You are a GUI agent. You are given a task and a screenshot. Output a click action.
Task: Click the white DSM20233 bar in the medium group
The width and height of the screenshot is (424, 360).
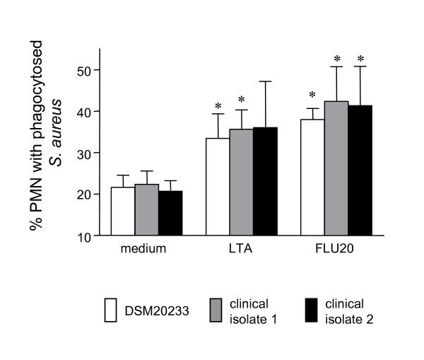point(123,211)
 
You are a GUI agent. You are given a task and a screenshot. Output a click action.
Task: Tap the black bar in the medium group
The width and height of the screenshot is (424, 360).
point(170,213)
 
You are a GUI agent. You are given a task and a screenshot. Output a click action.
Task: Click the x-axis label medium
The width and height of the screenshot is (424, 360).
point(146,249)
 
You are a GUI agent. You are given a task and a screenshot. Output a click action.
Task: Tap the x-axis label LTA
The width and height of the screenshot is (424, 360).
point(241,249)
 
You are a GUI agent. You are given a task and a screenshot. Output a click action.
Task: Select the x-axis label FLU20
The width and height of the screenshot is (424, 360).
point(336,249)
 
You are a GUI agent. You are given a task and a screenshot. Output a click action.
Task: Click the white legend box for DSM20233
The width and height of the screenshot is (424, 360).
point(110,310)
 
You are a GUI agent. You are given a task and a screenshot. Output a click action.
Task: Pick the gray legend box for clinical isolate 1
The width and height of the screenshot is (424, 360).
point(216,310)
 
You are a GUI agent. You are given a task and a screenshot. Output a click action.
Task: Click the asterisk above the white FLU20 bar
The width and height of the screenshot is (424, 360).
point(312,95)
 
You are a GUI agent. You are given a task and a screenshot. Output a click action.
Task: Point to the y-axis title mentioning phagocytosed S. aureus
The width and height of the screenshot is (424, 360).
point(46,141)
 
